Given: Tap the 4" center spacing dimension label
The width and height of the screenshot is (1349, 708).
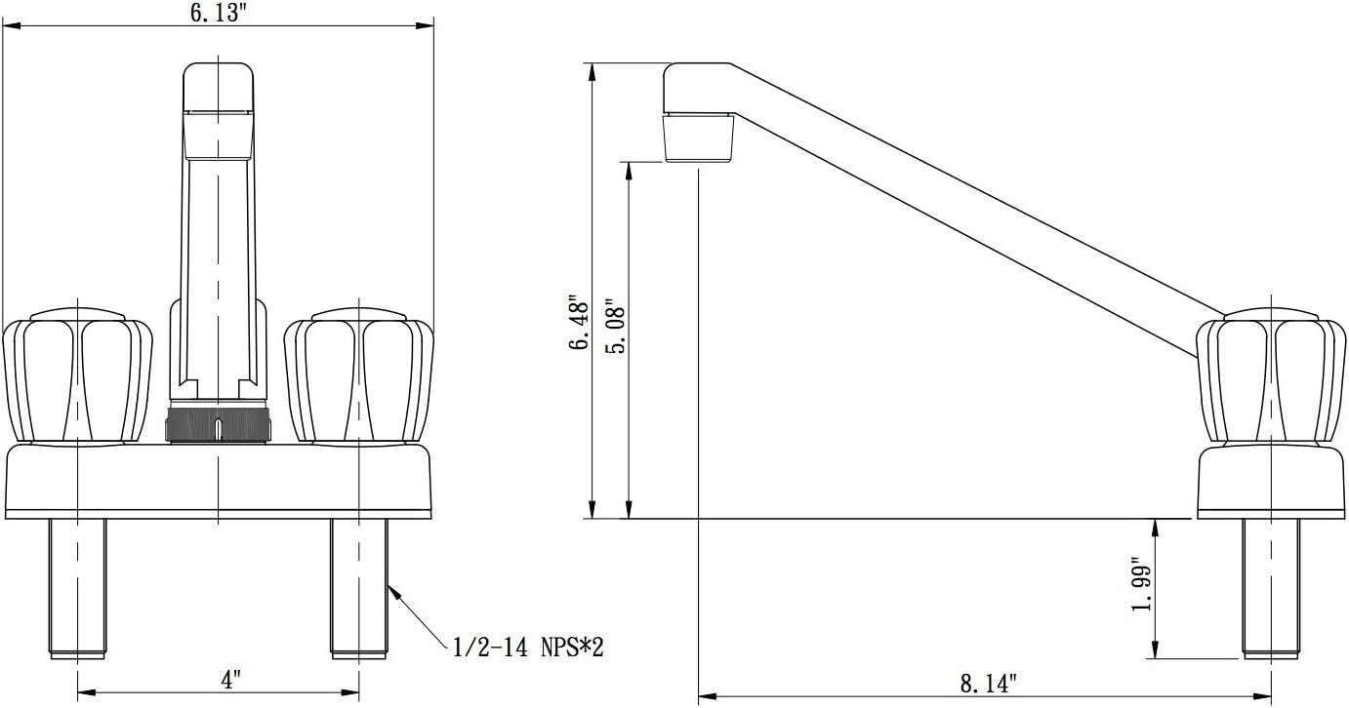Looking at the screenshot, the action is tap(230, 681).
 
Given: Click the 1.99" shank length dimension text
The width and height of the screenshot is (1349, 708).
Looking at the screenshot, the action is tap(1141, 587).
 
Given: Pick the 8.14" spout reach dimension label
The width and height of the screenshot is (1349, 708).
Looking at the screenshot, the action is tap(988, 684).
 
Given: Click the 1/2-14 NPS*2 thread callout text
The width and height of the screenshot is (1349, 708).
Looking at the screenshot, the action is tap(527, 648).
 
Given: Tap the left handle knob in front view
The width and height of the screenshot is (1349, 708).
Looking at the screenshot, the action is tap(77, 376).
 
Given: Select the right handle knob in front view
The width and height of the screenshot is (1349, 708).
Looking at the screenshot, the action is tap(359, 376).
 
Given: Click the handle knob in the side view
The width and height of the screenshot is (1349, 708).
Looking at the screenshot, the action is tap(1271, 376).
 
